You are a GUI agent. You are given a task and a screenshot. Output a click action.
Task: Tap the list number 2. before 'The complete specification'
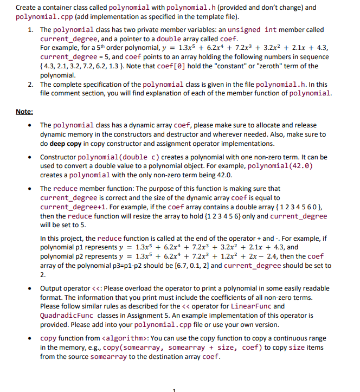31,85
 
